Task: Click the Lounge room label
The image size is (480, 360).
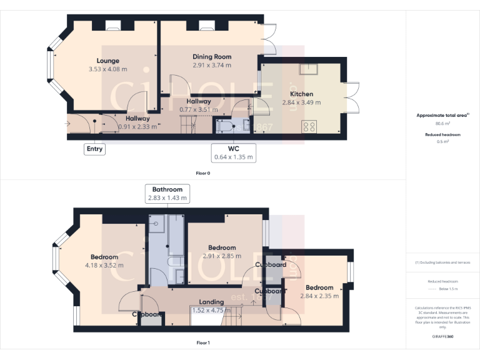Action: [107, 61]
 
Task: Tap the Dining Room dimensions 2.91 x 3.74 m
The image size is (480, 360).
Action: [212, 65]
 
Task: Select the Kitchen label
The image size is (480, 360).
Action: [301, 94]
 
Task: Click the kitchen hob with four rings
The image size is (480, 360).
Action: [309, 127]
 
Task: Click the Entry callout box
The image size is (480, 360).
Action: [95, 149]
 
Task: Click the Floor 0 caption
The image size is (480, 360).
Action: [204, 173]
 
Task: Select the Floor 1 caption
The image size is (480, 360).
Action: [204, 342]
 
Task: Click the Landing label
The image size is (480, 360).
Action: [211, 302]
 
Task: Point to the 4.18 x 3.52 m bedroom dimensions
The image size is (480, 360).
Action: [104, 265]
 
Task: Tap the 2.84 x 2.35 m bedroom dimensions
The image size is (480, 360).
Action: [319, 296]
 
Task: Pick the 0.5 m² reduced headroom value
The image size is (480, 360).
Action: [443, 142]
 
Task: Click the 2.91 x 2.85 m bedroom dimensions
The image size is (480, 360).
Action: [222, 256]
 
